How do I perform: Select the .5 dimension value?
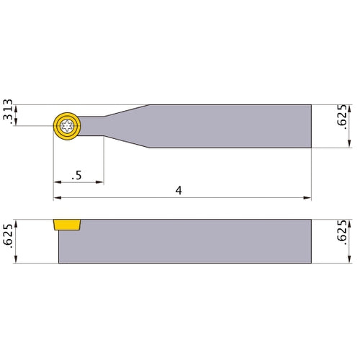point(76,175)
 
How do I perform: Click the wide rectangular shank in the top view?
point(230,126)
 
